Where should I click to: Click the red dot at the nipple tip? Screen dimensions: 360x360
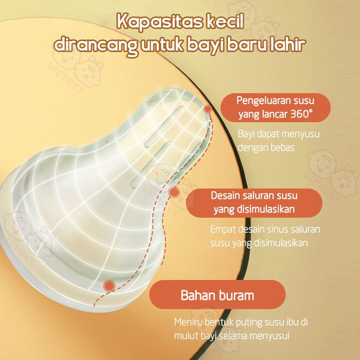(x=207, y=108)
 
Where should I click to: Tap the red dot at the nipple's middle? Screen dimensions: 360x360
(x=174, y=192)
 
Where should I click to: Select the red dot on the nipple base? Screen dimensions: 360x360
(x=109, y=285)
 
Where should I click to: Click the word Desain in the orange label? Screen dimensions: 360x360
(x=226, y=195)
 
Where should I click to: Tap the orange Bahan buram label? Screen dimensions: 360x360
(x=217, y=296)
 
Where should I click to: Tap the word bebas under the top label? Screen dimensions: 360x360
(x=283, y=148)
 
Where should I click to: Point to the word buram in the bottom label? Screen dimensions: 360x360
(x=237, y=296)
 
